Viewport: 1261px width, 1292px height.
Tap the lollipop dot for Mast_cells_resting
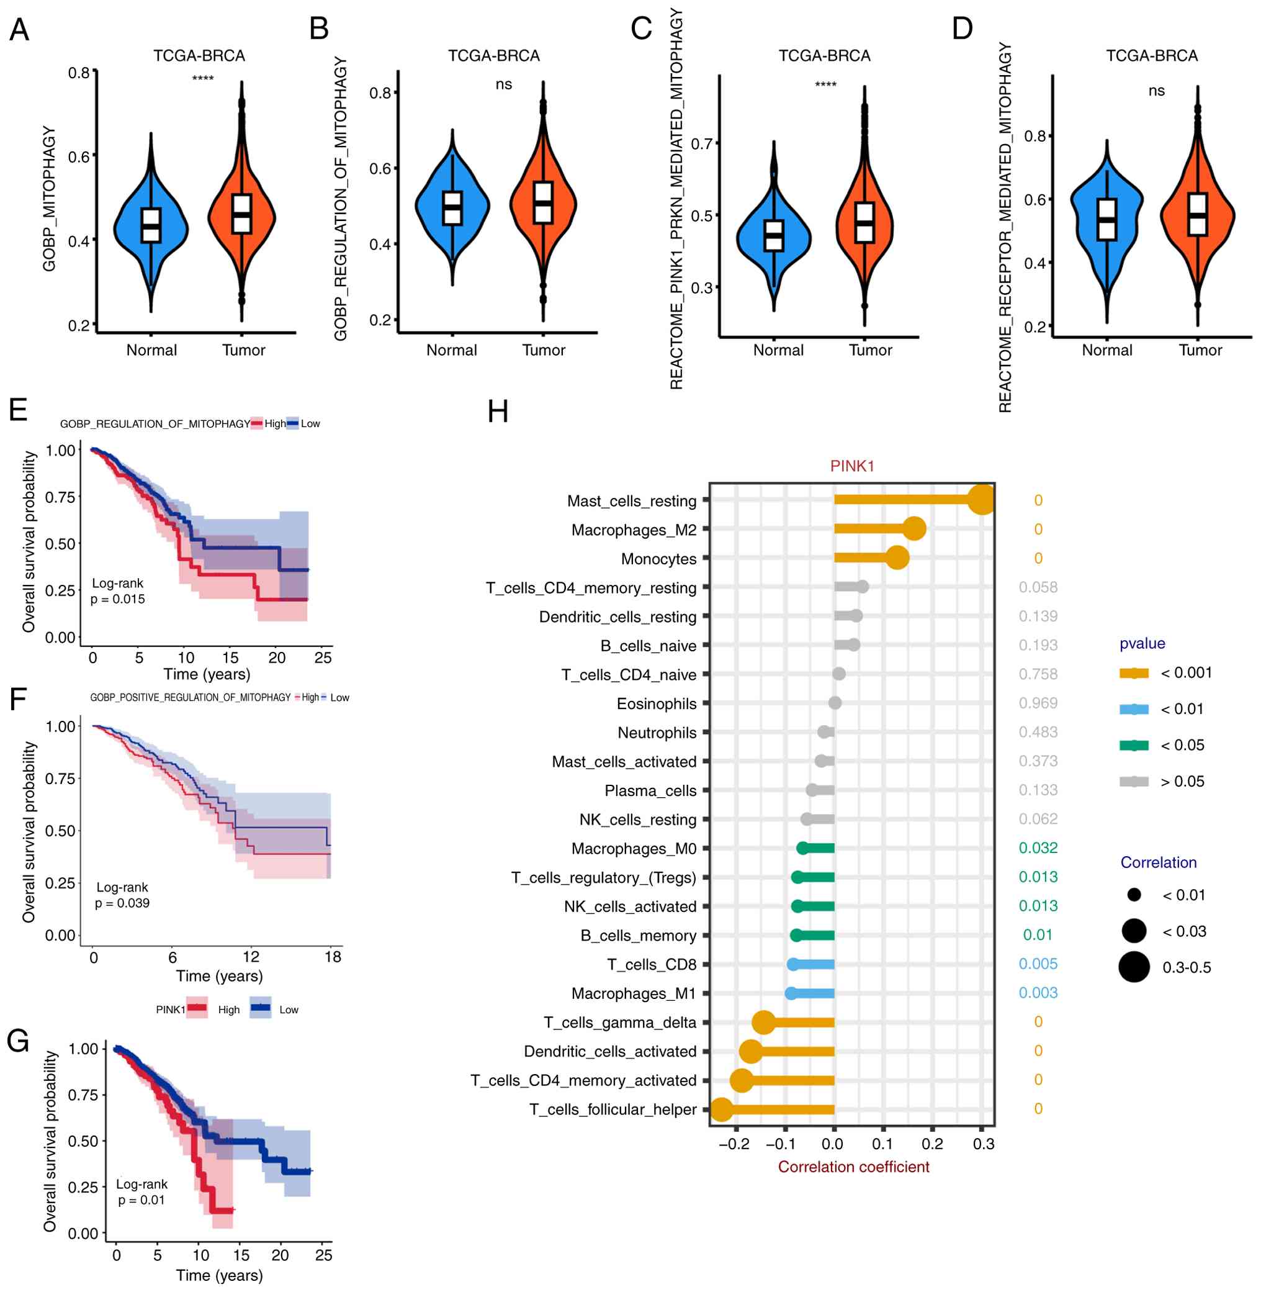982,500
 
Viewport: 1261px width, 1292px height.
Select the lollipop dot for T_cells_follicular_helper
721,1109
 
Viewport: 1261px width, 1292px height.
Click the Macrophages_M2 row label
633,530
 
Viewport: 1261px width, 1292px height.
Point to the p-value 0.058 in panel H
1038,587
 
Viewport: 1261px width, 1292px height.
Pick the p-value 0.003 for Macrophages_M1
1038,993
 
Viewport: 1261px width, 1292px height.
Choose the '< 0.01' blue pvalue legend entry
1134,709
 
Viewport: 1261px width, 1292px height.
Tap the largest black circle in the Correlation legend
1134,967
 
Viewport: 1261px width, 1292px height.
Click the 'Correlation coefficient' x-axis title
853,1167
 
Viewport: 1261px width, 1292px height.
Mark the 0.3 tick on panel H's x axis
984,1144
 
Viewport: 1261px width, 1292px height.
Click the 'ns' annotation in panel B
503,84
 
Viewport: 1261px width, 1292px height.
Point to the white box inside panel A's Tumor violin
242,214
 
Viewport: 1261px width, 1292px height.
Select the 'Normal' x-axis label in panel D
1106,351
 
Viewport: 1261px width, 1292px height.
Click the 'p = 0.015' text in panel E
118,600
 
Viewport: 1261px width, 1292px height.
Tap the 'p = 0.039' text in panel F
122,903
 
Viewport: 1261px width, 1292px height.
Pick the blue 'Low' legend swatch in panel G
261,1008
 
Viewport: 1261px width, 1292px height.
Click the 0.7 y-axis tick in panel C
701,144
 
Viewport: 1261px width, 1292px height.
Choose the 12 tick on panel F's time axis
250,957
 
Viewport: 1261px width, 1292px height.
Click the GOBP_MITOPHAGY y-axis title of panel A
49,199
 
